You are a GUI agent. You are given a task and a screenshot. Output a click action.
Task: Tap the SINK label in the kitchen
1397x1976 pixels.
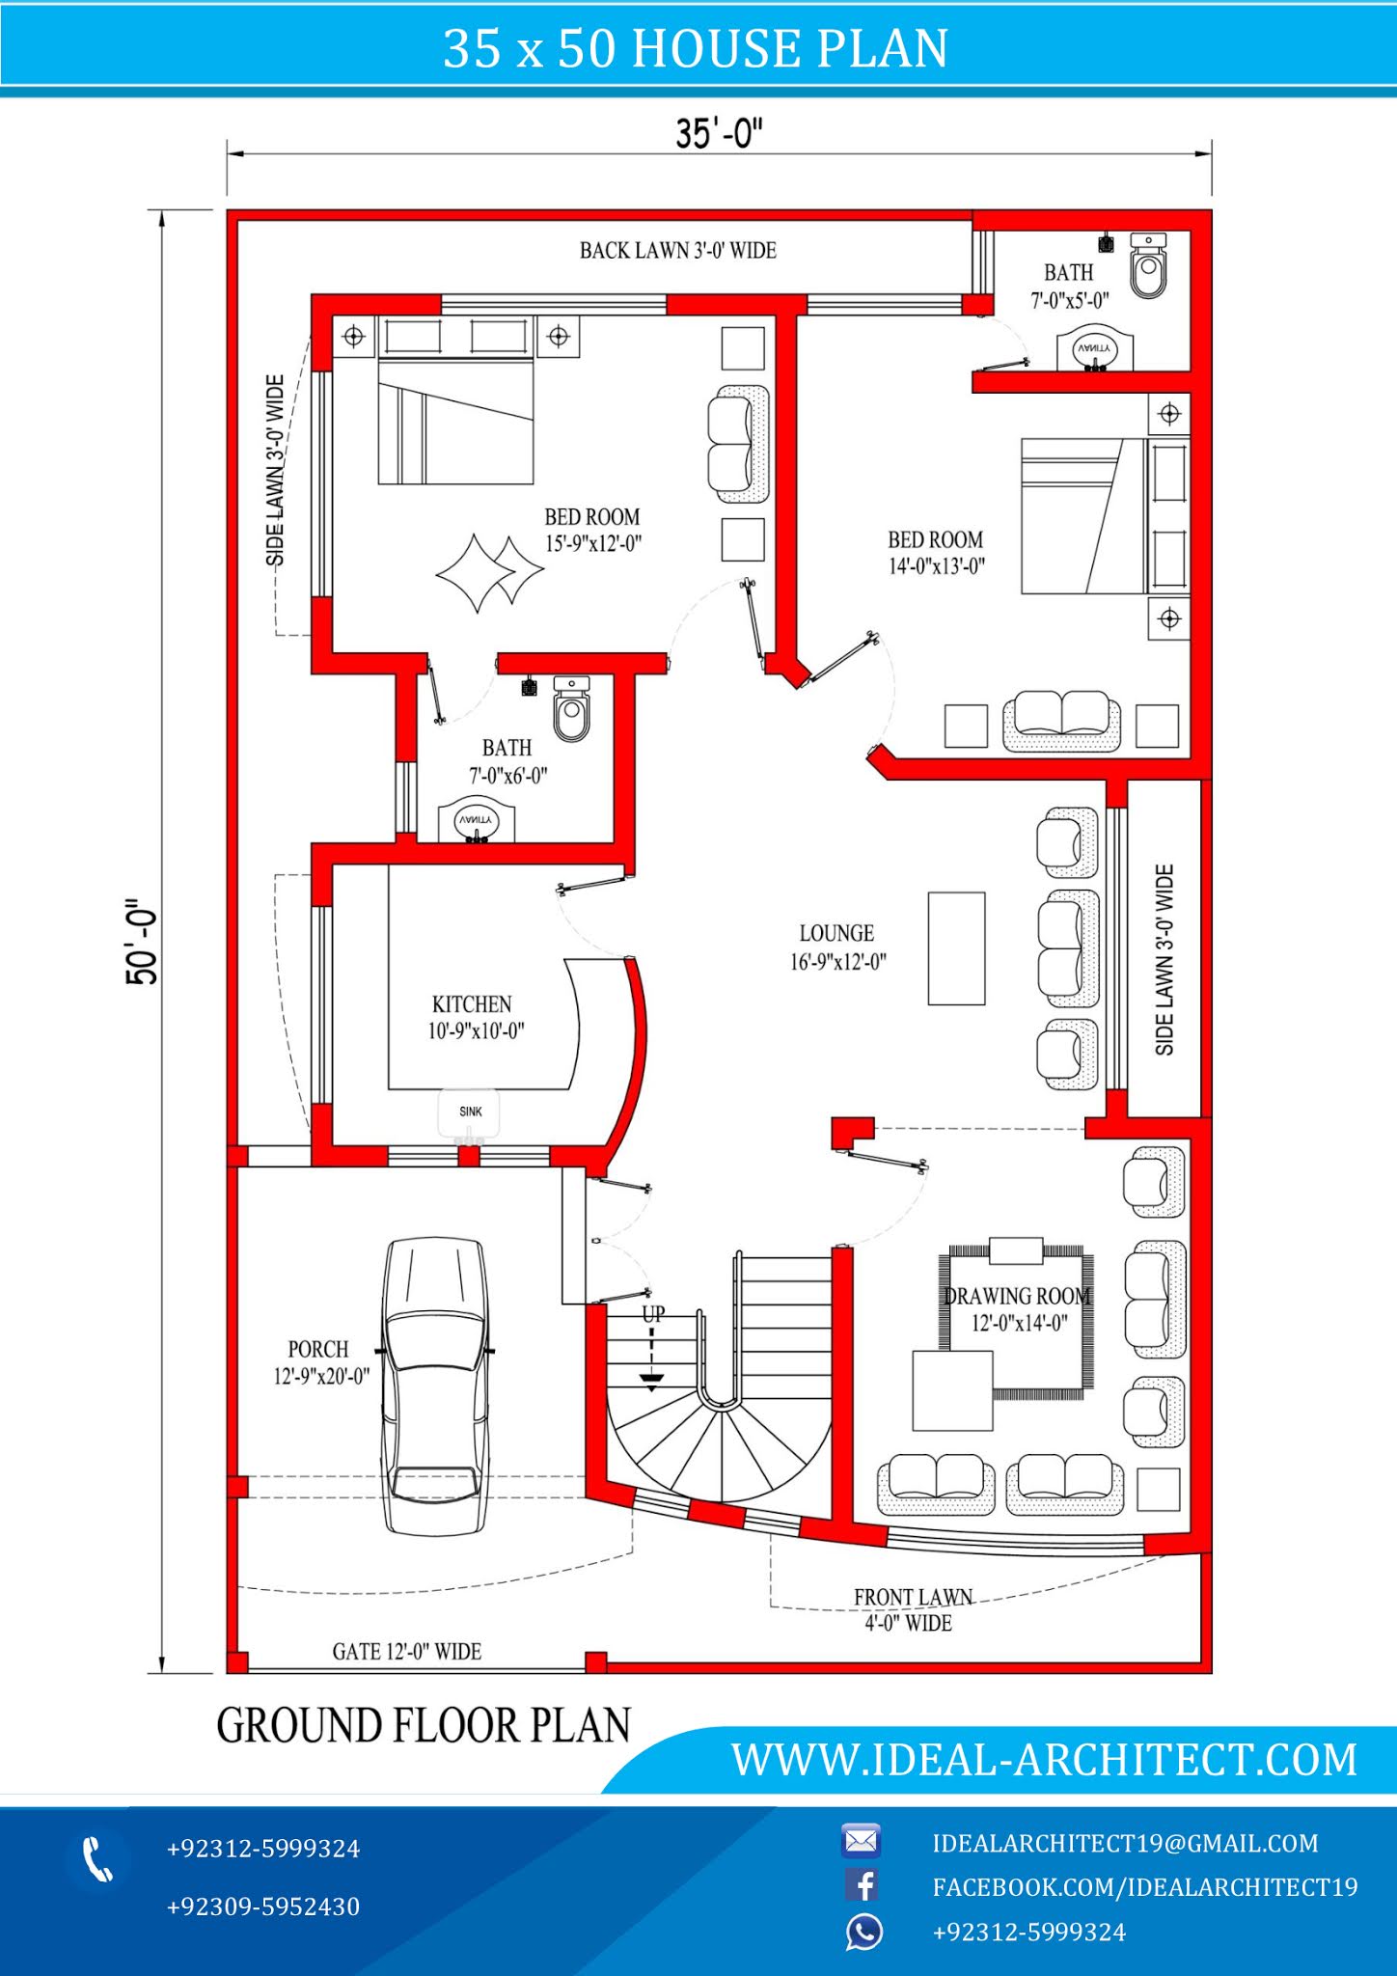(471, 1111)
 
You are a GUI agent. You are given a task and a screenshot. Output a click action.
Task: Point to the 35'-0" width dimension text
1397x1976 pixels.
(719, 133)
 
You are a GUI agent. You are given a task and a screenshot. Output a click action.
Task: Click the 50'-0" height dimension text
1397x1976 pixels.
(142, 942)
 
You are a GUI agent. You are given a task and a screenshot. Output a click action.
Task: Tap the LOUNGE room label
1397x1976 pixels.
(836, 933)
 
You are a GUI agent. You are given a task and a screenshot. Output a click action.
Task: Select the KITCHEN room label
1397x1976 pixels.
(472, 1004)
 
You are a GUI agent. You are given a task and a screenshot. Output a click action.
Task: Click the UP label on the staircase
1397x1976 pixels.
(653, 1314)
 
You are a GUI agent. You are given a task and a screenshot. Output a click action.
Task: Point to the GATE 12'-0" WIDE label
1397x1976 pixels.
(406, 1652)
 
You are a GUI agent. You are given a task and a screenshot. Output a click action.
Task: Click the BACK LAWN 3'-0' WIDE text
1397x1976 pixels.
(677, 251)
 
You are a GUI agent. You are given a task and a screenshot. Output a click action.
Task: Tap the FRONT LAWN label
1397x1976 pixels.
(913, 1598)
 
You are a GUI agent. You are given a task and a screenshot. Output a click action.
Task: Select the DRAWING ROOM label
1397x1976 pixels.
(1017, 1296)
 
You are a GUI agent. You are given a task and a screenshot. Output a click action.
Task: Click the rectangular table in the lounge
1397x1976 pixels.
(957, 948)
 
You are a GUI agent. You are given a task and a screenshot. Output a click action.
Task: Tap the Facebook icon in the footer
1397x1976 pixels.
(862, 1885)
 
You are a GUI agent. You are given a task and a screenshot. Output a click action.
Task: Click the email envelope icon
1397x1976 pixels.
(861, 1841)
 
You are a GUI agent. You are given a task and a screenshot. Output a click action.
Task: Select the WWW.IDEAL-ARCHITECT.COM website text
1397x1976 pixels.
(1044, 1760)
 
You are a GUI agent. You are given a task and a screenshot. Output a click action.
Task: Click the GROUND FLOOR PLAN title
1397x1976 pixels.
(424, 1725)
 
